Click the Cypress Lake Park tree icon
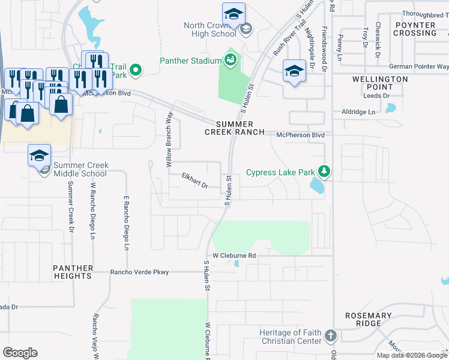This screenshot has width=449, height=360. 324,172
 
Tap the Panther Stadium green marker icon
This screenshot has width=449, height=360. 229,59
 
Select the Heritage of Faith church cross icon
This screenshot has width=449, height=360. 330,334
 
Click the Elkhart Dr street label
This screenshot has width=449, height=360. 195,181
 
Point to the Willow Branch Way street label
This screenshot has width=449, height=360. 169,139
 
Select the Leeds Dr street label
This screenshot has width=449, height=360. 377,95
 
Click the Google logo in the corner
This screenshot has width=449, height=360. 20,353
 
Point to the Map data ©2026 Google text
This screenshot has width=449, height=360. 412,355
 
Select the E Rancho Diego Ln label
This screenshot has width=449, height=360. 127,223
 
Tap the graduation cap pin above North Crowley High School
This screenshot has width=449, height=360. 234,14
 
